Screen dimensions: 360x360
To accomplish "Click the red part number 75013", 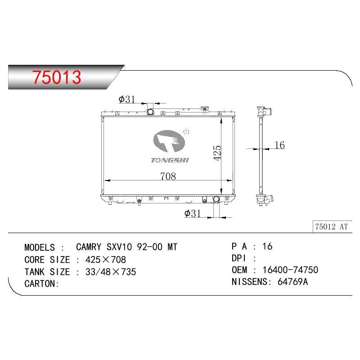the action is (57, 77).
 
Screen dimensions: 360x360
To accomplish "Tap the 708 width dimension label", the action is (168, 176).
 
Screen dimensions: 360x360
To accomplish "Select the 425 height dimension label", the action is (217, 153).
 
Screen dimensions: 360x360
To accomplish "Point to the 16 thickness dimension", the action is (279, 145).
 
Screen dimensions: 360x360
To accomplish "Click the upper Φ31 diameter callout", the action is (127, 99).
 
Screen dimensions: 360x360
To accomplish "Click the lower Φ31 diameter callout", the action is (193, 213).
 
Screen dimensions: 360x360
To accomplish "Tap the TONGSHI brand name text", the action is (170, 160).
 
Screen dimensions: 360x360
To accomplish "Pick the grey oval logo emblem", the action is (169, 141).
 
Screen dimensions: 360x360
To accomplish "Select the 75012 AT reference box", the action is (332, 227).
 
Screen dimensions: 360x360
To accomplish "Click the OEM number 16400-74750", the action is (290, 270).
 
